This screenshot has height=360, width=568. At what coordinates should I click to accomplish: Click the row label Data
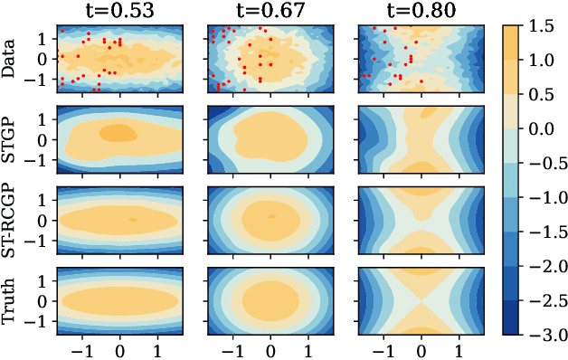[11, 59]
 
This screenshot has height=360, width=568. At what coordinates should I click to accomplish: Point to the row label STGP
[11, 139]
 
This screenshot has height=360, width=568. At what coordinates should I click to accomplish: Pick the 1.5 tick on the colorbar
[544, 27]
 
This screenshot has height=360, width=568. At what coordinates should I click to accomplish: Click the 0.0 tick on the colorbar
[544, 128]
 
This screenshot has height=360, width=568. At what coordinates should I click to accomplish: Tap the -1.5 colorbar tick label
[544, 231]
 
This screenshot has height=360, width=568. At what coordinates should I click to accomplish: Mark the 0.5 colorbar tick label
[544, 95]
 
